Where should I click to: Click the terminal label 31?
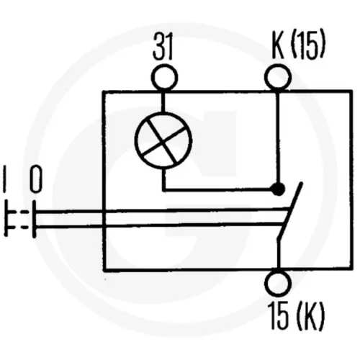click(x=163, y=47)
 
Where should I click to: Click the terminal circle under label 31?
click(x=165, y=78)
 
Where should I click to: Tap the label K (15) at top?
click(x=299, y=45)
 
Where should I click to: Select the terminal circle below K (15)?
click(x=278, y=78)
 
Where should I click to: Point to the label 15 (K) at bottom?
click(x=297, y=315)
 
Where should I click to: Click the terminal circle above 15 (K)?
click(x=278, y=283)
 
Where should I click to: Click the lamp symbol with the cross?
click(x=163, y=140)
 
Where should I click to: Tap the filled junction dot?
click(x=278, y=189)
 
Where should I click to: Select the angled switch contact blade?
click(x=290, y=210)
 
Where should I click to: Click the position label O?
click(x=36, y=180)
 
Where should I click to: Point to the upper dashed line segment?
click(x=19, y=212)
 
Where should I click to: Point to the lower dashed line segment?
click(x=19, y=227)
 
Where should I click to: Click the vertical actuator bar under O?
click(x=35, y=219)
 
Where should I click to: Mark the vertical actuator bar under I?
click(x=6, y=219)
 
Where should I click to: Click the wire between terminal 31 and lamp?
click(x=163, y=102)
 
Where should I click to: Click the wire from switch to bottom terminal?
click(x=279, y=254)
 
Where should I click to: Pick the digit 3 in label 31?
click(x=158, y=47)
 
